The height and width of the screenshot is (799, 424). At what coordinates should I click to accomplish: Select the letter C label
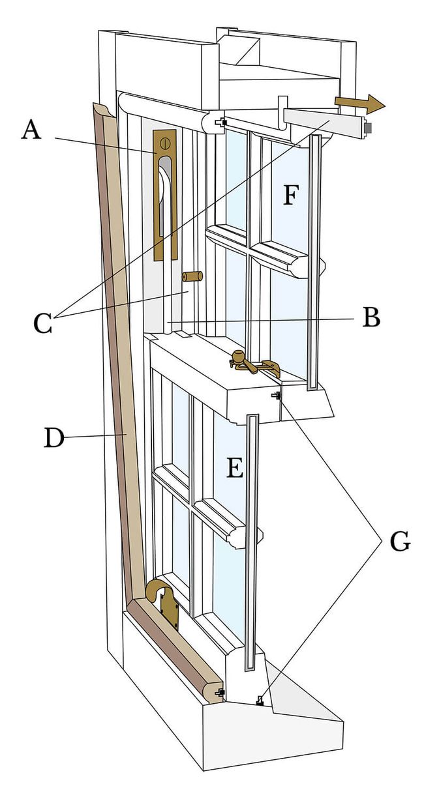point(42,323)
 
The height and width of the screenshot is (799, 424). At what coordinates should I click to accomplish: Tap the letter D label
point(55,437)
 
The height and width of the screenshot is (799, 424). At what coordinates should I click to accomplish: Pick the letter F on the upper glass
point(291,194)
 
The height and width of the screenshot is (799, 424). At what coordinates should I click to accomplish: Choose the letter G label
point(399,540)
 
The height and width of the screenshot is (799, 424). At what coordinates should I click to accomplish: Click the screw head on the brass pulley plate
point(164,141)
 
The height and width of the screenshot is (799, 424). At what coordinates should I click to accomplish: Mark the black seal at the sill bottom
point(259,701)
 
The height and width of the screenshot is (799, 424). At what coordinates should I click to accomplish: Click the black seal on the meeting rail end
point(277,396)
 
